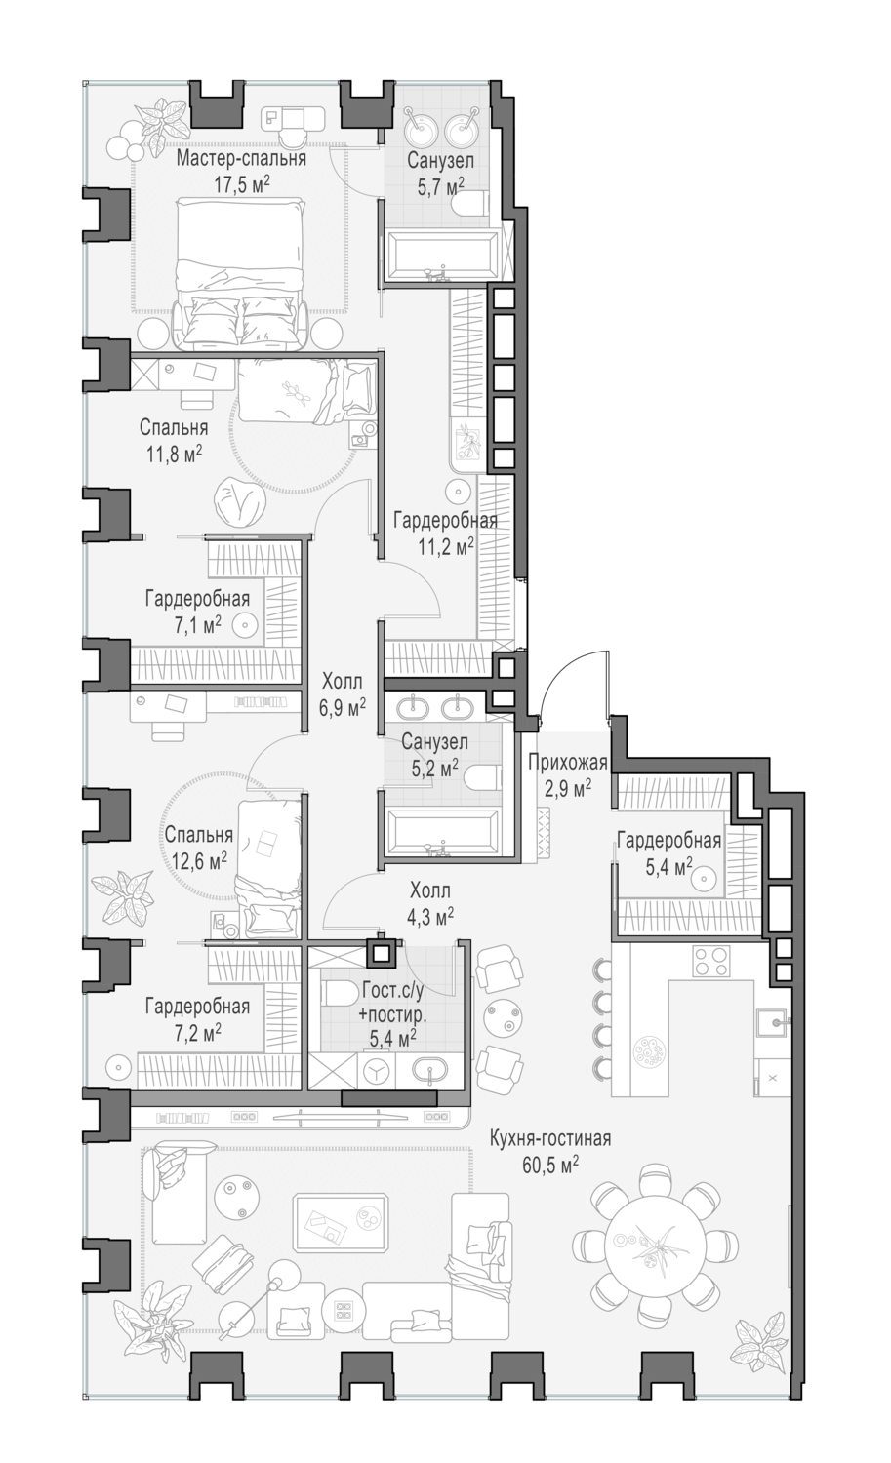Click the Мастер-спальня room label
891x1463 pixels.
pos(241,159)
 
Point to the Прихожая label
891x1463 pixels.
pos(567,763)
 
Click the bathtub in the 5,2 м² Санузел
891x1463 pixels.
pos(442,833)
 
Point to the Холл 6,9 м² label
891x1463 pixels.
pos(343,692)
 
